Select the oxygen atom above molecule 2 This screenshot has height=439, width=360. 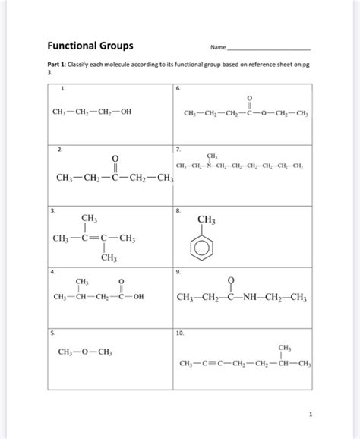click(x=115, y=157)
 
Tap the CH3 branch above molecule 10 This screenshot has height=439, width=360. click(x=286, y=348)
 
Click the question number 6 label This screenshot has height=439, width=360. click(x=178, y=89)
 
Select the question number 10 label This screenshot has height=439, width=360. click(x=179, y=333)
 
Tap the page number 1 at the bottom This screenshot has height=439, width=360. click(x=311, y=414)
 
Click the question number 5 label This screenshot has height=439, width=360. click(x=52, y=333)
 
